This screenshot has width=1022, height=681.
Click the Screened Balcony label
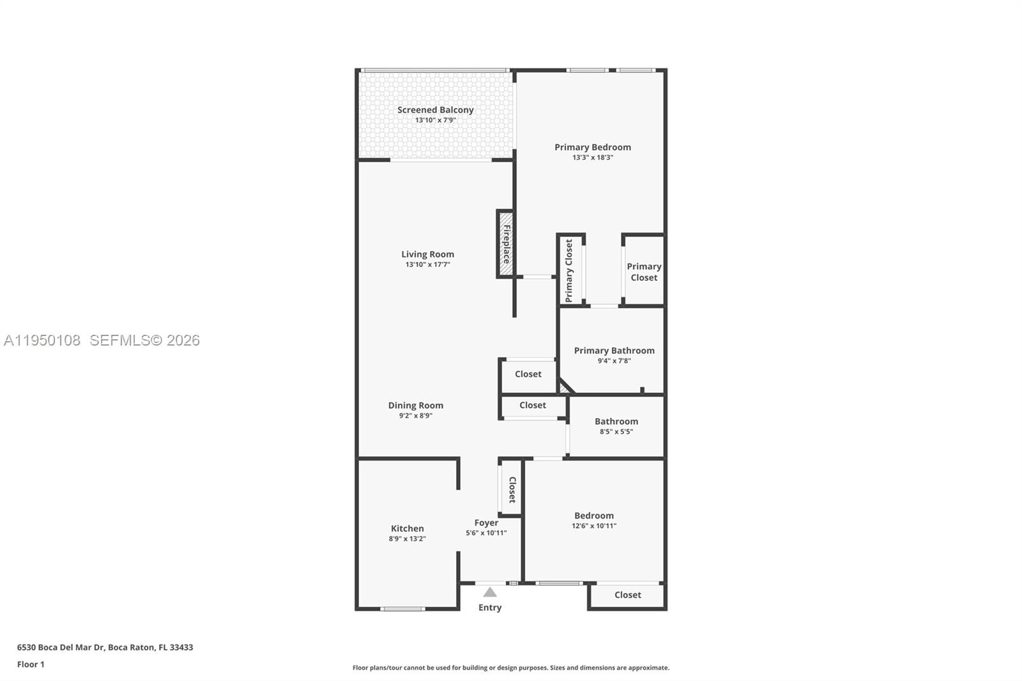435,110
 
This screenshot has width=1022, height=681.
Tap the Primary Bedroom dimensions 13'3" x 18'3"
592,157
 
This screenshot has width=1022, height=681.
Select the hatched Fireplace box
506,244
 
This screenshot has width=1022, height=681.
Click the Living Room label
427,254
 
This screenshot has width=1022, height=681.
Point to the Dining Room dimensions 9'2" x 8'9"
415,416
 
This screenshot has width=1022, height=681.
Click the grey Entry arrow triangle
490,592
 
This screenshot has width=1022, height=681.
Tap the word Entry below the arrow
490,608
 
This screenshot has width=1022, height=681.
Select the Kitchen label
407,528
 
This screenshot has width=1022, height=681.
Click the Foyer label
486,523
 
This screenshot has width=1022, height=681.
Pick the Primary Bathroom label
614,350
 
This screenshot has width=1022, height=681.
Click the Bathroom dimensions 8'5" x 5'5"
616,432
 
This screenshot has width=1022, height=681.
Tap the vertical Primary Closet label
568,270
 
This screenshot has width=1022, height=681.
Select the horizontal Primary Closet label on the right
643,272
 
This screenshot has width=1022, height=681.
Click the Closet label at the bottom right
627,595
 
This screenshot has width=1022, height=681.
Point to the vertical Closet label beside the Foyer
512,489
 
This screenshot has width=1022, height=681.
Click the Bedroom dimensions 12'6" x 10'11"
593,526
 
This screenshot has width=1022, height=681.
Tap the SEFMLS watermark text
144,340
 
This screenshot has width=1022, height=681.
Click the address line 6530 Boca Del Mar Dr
105,647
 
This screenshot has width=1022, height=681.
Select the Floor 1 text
31,664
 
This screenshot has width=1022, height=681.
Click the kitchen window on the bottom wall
402,609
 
